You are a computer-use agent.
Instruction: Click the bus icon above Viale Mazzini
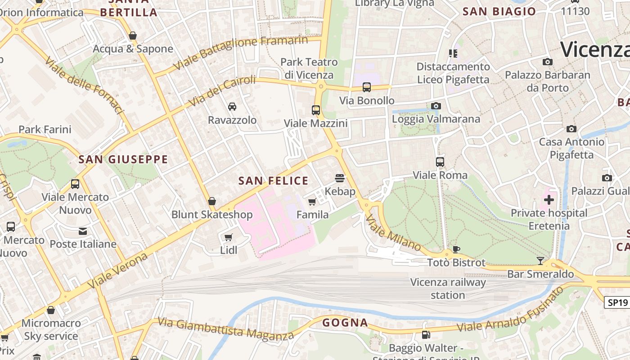pyautogui.click(x=315, y=110)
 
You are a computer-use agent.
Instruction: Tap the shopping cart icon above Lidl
pyautogui.click(x=229, y=237)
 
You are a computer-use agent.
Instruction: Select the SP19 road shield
pyautogui.click(x=617, y=302)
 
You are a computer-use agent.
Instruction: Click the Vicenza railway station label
pyautogui.click(x=448, y=288)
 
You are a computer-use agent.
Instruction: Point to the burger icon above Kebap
pyautogui.click(x=340, y=178)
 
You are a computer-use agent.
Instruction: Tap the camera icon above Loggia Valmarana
pyautogui.click(x=436, y=106)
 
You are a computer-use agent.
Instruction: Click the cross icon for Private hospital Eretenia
pyautogui.click(x=549, y=200)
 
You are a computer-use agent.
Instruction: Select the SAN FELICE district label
pyautogui.click(x=273, y=181)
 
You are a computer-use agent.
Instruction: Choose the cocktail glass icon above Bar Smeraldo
pyautogui.click(x=540, y=261)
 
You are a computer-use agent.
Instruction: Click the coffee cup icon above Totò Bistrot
pyautogui.click(x=456, y=249)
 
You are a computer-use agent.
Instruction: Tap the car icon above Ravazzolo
pyautogui.click(x=232, y=107)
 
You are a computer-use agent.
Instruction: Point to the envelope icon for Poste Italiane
pyautogui.click(x=83, y=231)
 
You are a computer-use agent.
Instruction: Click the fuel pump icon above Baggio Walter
pyautogui.click(x=425, y=335)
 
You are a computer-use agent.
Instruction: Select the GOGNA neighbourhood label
pyautogui.click(x=345, y=322)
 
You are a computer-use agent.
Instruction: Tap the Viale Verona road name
pyautogui.click(x=117, y=271)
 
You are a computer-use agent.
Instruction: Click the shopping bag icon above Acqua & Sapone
pyautogui.click(x=133, y=36)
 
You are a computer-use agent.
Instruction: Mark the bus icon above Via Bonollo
pyautogui.click(x=367, y=87)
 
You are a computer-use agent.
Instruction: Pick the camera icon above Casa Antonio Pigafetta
pyautogui.click(x=571, y=129)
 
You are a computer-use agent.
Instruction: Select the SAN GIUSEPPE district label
pyautogui.click(x=123, y=159)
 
